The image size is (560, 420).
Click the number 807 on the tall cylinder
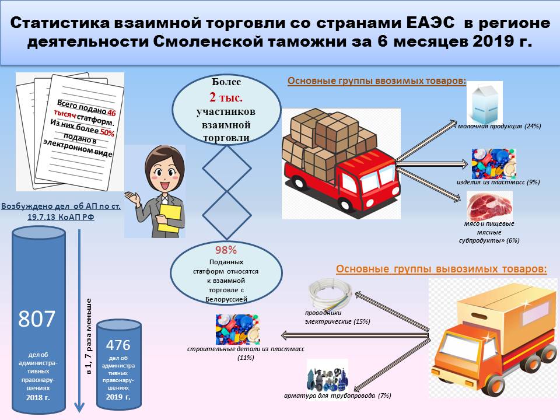coord(37,318)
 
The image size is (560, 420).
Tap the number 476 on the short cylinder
coord(119,344)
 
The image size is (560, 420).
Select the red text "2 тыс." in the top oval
coord(227,96)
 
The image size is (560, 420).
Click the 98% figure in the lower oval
coord(226,250)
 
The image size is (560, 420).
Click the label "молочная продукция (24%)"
coord(500,127)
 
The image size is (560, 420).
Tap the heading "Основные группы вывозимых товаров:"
coord(442,269)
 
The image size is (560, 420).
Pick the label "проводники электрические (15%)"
coord(337,317)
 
